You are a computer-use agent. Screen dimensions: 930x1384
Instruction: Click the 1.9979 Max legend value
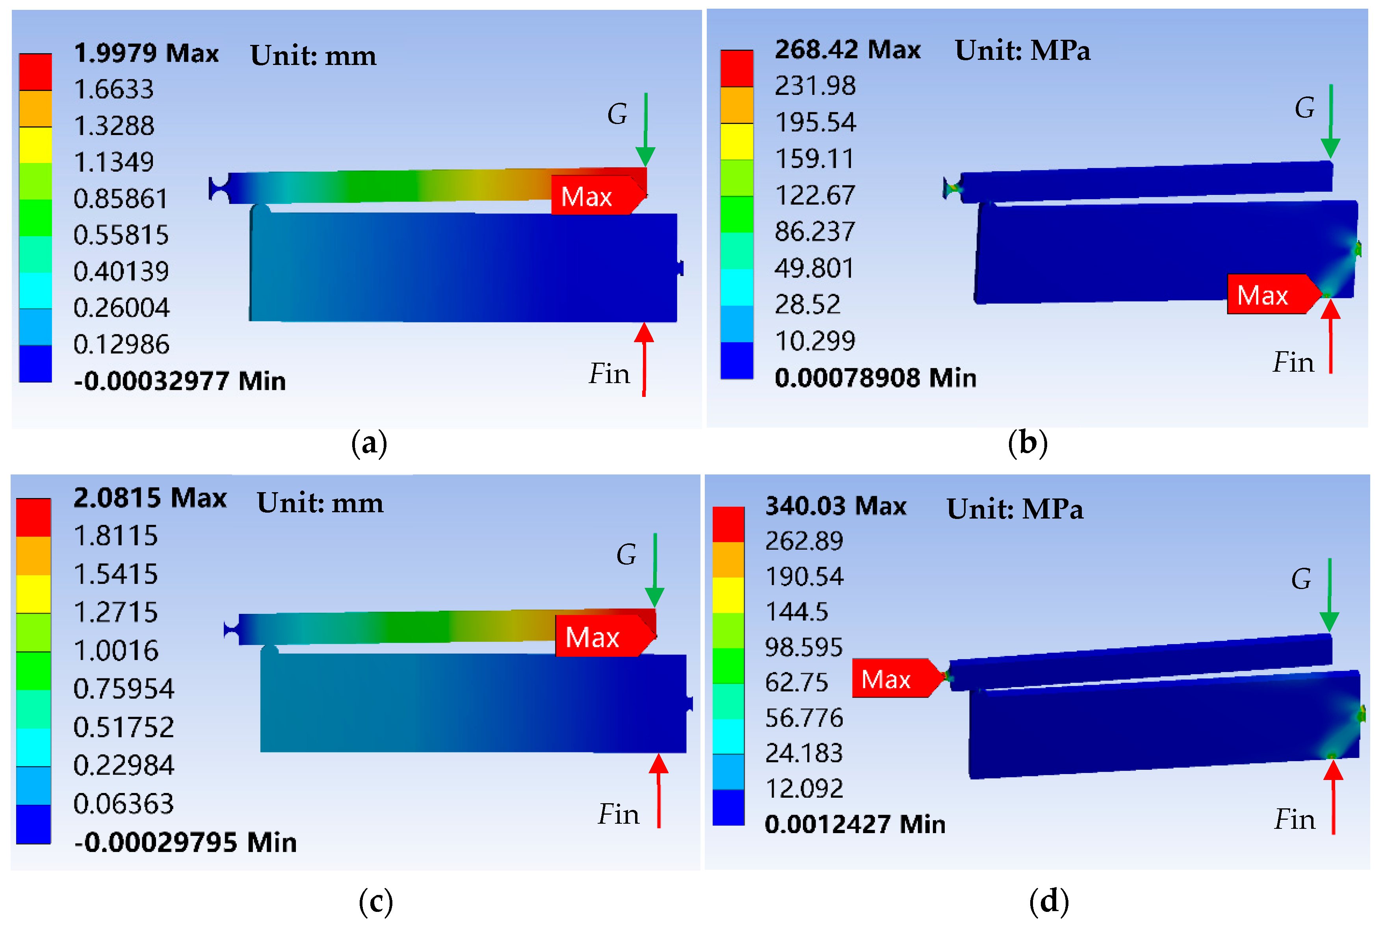146,54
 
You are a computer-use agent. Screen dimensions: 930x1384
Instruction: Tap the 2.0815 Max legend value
150,498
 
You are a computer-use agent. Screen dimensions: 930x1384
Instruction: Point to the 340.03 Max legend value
835,506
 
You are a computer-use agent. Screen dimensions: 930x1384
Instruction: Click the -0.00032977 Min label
179,381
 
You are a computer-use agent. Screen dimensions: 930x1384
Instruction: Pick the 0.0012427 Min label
855,824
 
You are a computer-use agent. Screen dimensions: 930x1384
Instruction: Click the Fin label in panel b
1293,362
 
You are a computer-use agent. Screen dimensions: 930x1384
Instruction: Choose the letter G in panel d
1301,579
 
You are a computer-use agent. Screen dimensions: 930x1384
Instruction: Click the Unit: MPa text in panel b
1022,50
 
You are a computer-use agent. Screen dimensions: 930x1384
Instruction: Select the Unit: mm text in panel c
320,503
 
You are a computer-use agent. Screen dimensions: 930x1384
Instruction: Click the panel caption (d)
1049,902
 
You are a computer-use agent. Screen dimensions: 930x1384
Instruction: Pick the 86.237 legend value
814,231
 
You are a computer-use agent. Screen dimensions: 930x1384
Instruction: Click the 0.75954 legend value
123,689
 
